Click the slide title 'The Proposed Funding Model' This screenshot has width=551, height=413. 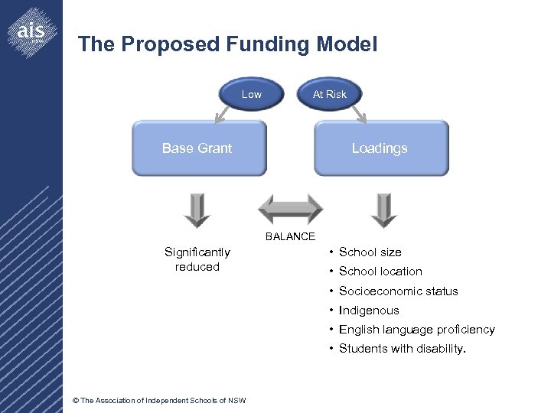coord(227,44)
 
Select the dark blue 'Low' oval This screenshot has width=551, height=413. coord(251,94)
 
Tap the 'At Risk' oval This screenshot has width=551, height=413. coord(329,94)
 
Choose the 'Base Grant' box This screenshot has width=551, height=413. coord(198,148)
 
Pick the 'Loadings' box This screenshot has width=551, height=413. coord(380,148)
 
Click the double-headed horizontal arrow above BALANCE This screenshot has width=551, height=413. coord(290,209)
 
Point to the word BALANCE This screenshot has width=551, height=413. coord(290,236)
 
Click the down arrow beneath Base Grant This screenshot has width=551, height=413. coord(197,210)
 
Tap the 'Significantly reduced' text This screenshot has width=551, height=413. coord(197,259)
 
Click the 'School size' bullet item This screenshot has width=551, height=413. coord(370,252)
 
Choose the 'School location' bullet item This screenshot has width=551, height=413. coord(380,271)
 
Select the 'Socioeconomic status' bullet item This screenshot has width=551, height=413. coord(398,291)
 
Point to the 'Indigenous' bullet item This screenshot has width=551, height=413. coord(369,310)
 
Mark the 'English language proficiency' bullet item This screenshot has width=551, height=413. coord(416,329)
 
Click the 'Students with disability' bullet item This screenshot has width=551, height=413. coord(402,349)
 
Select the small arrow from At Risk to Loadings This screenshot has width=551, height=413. coord(359,113)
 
